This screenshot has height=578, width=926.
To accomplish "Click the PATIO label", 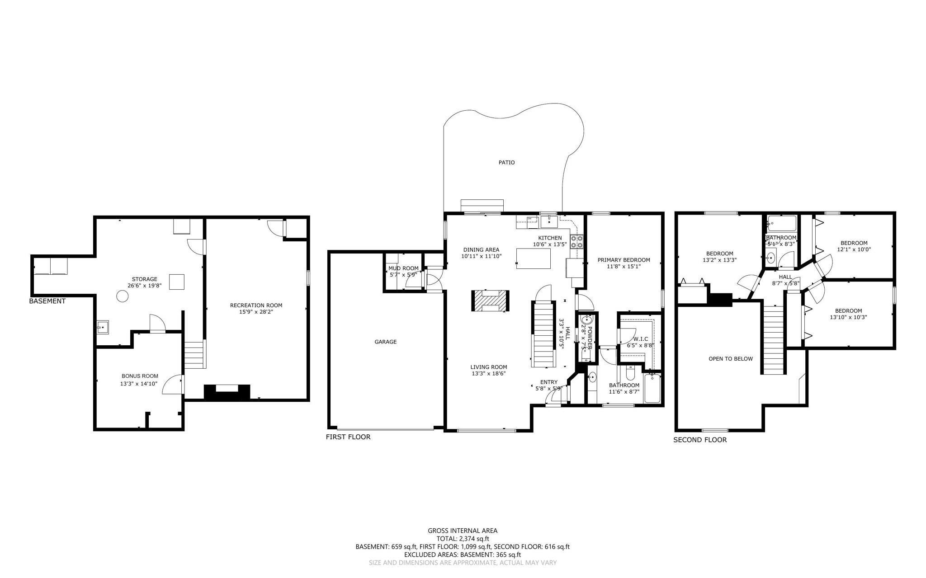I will (x=506, y=162).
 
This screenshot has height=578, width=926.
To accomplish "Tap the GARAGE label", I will (x=385, y=342).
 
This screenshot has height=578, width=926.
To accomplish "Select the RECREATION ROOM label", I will (x=256, y=305).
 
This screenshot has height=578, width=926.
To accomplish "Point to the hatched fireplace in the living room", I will (x=490, y=301).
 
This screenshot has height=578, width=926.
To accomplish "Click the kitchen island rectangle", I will (x=534, y=258).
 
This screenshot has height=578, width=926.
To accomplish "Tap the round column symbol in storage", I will (x=122, y=296).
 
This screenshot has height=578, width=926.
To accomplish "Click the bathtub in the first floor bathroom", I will (x=652, y=389).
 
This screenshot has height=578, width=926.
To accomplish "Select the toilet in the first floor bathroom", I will (x=630, y=373).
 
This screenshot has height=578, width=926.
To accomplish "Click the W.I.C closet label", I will (x=641, y=338).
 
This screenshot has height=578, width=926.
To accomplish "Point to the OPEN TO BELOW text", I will (x=730, y=359).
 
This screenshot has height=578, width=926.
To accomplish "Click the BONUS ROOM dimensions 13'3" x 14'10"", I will (x=139, y=384).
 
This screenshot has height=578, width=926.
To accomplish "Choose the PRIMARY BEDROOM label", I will (x=624, y=260).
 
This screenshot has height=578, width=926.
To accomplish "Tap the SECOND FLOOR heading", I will (x=700, y=440).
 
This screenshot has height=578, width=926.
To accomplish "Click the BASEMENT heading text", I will (x=47, y=301).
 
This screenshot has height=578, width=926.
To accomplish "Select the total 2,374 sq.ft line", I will (x=463, y=539).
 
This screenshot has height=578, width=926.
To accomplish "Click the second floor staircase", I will (x=773, y=339).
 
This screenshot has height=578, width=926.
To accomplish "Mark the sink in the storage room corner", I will (x=103, y=327).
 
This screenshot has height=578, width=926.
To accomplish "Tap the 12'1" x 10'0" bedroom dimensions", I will (x=854, y=249).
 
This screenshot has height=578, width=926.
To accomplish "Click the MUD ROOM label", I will (x=403, y=268).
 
